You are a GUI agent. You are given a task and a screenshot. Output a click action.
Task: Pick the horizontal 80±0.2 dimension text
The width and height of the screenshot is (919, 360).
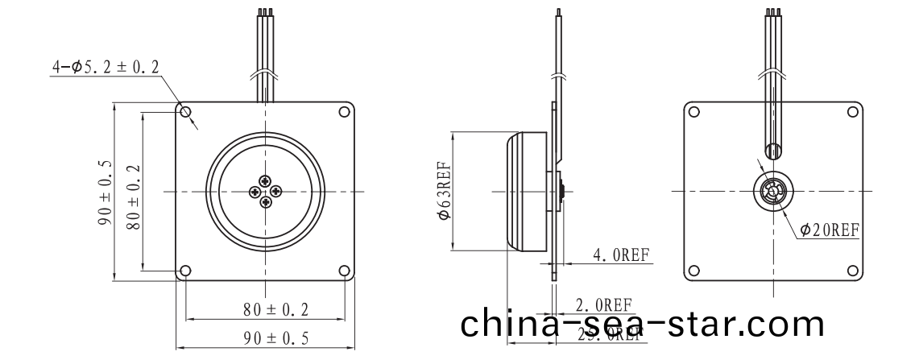point(265,308)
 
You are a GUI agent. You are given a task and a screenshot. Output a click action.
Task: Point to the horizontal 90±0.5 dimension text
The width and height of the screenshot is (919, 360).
point(265,338)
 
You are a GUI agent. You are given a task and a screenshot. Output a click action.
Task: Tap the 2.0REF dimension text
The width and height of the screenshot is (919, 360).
point(603,305)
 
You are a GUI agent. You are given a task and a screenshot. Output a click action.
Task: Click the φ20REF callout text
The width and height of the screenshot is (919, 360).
point(830,230)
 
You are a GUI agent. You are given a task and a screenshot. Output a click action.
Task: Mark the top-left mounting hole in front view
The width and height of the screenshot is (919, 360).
point(185,112)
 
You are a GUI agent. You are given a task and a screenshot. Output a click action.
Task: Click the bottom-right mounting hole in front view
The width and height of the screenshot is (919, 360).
point(345,271)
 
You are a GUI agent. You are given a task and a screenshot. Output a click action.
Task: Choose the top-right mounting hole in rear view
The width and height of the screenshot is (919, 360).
point(851,112)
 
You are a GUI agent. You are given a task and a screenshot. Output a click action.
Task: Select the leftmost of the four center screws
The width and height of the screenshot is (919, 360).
point(255,191)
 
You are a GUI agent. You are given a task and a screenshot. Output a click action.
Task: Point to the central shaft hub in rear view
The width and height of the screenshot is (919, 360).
point(772,192)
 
